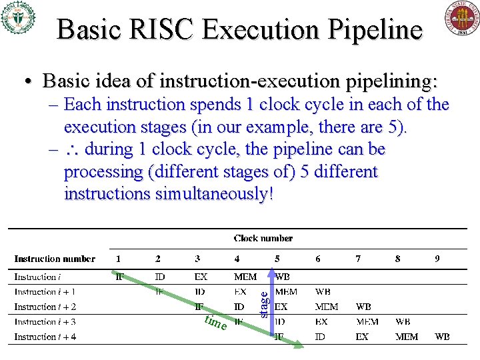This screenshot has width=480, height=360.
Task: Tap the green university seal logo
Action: [18, 18]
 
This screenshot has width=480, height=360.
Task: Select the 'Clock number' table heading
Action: [263, 238]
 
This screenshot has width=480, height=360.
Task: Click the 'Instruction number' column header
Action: [55, 259]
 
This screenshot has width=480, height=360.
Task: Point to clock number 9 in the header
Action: [437, 259]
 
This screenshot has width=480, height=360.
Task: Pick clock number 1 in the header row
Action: [119, 259]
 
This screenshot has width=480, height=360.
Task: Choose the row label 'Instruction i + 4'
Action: [45, 337]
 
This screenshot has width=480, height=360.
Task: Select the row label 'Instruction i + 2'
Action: [45, 307]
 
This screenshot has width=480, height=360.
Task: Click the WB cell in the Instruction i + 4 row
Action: [442, 337]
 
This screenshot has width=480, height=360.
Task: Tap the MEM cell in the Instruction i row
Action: [245, 277]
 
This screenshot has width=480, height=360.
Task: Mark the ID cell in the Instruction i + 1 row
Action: [199, 291]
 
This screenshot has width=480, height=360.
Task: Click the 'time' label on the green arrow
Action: [215, 323]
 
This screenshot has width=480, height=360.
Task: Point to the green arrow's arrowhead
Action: [300, 345]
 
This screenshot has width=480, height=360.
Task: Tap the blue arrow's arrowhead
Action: [271, 273]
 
